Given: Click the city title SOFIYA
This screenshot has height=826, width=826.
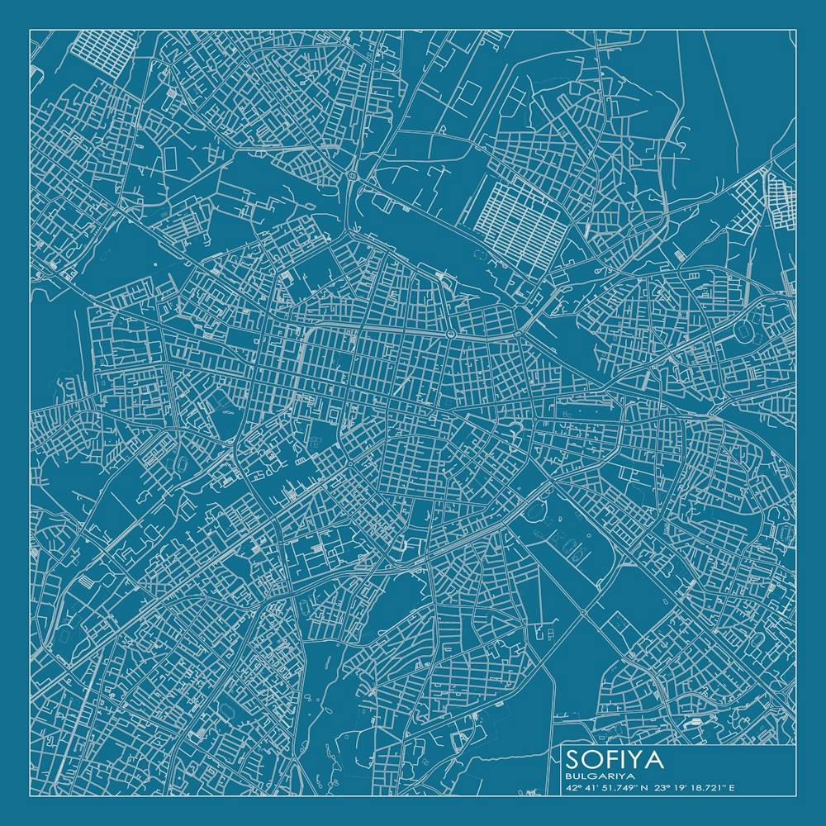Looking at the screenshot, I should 615,758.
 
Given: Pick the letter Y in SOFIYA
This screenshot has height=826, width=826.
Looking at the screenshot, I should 637,758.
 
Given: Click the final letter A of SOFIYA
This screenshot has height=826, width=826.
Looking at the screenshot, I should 654,758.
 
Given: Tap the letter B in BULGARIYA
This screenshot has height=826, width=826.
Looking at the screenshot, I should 568,776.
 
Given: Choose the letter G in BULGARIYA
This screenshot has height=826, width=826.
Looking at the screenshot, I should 595,776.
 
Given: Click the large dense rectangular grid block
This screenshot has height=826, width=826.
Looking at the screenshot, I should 521,216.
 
